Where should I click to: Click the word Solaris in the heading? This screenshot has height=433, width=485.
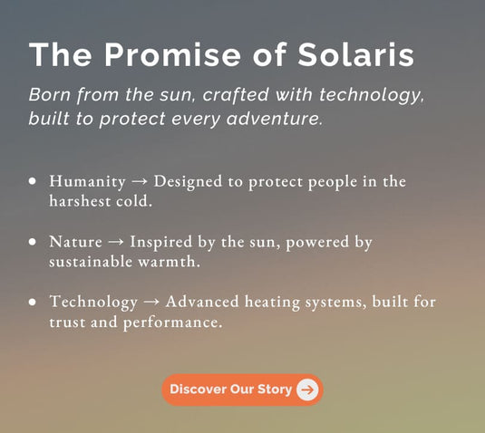point(355,54)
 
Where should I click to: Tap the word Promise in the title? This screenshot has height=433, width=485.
point(172,54)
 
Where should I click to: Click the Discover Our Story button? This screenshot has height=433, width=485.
point(242,390)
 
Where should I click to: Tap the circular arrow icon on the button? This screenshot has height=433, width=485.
point(307,390)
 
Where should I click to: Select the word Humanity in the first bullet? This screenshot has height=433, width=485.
point(88,181)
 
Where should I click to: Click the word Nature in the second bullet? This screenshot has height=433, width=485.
point(75,242)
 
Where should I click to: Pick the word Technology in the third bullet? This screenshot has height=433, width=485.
point(93,302)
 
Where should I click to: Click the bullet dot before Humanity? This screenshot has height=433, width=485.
point(32,181)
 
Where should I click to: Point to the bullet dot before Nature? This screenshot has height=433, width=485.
point(32,241)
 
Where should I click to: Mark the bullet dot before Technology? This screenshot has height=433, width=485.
point(32,302)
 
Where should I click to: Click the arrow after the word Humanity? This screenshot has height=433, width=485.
point(140,182)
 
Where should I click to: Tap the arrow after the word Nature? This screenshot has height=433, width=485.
point(116,242)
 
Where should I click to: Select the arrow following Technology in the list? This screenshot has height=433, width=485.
point(151,303)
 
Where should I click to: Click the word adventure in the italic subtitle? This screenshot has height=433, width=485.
point(275,119)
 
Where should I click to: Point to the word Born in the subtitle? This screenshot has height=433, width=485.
point(50,94)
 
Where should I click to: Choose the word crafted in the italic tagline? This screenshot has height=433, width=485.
point(236,94)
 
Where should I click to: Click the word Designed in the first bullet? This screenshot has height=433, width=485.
point(188,182)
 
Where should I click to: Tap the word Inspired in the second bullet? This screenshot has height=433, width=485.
point(160,242)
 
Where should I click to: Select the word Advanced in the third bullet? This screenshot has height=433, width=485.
point(202,302)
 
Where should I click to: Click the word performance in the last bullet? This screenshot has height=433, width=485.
point(173,322)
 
